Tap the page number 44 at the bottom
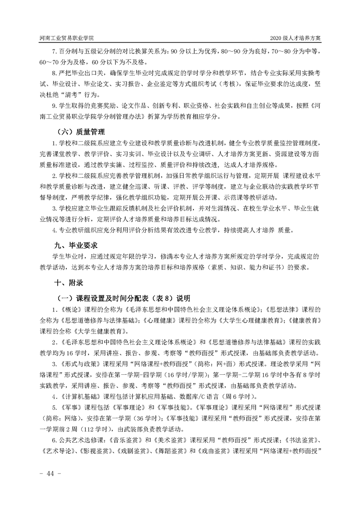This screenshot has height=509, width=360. pyautogui.click(x=47, y=474)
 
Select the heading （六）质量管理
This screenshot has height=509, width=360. pyautogui.click(x=81, y=132)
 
